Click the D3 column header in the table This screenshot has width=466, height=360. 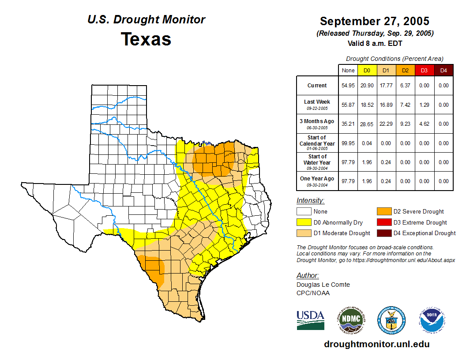(x=424, y=70)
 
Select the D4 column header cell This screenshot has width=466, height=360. (x=443, y=70)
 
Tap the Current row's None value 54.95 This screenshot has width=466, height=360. (x=348, y=86)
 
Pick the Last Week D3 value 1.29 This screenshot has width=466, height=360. (x=424, y=105)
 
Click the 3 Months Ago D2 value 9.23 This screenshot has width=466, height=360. (x=405, y=124)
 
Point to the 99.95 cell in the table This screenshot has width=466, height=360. (x=348, y=143)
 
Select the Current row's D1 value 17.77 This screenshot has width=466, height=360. (x=386, y=86)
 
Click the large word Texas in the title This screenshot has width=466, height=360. (x=146, y=39)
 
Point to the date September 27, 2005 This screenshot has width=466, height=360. (x=375, y=21)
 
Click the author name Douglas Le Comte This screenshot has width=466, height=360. (x=323, y=285)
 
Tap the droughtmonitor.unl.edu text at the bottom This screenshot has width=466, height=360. (x=376, y=344)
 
